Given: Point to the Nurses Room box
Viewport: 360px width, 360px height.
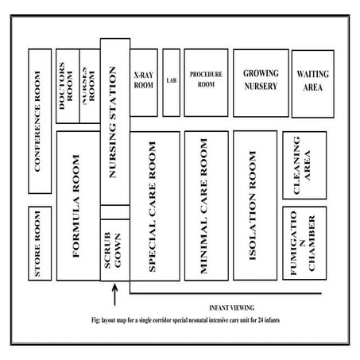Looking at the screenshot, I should pos(90,87).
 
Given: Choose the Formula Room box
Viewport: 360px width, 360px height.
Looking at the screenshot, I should pos(77,207).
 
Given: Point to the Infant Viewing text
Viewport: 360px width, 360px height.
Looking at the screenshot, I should pos(230,308).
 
